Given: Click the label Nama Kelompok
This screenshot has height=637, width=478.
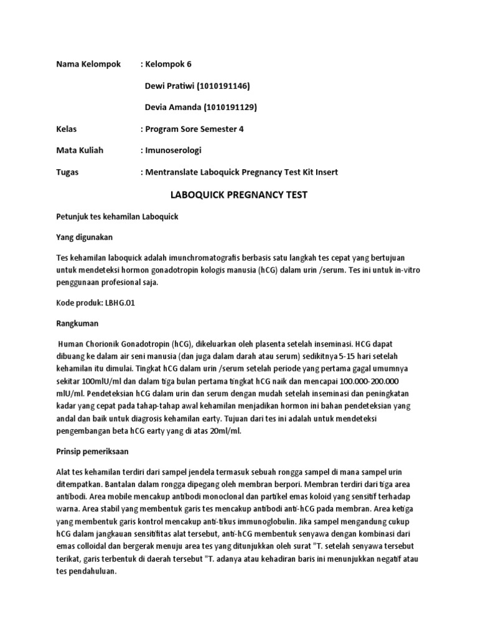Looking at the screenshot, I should coord(88,65).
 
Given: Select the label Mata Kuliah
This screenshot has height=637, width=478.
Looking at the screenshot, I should coord(80,150).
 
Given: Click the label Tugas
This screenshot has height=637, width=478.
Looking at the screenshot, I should coord(67,172).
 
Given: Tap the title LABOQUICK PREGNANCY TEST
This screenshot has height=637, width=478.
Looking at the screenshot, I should coord(239,195).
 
